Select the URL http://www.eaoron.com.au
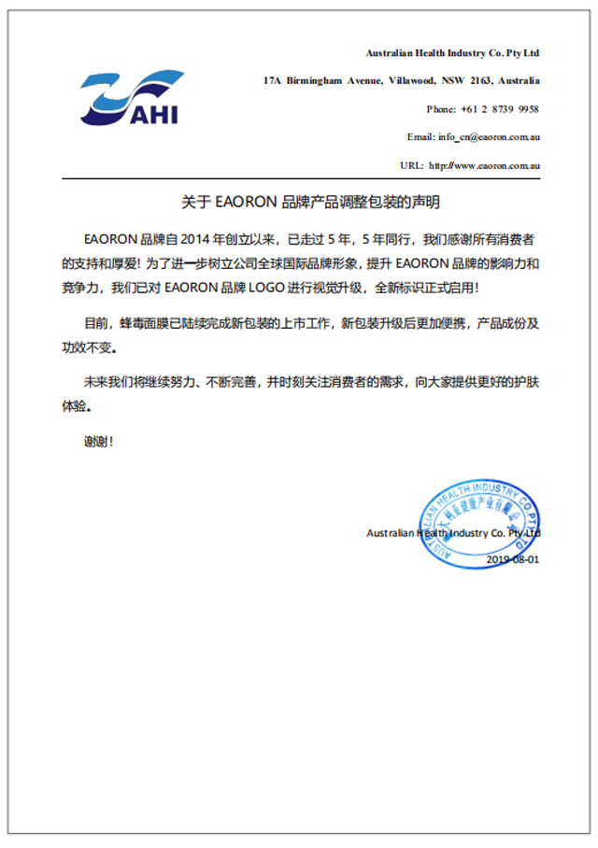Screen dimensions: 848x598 (x=485, y=165)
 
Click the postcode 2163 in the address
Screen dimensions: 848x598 (x=477, y=80)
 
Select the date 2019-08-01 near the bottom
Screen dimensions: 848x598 (x=513, y=559)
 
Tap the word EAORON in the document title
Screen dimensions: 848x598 (x=246, y=201)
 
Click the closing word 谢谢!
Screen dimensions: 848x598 (x=98, y=440)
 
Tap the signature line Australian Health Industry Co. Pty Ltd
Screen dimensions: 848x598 (x=453, y=533)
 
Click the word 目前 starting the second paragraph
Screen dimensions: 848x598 (x=96, y=324)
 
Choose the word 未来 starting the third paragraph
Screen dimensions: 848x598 (x=95, y=383)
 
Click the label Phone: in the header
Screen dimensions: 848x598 (x=441, y=109)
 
